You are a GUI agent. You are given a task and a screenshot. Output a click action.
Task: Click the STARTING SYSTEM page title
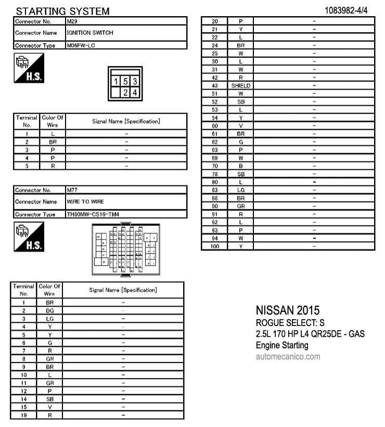point(62,11)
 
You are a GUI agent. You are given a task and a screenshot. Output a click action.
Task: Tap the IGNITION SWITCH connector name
point(90,33)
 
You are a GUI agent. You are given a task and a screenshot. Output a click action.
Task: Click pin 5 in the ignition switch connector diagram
point(126,81)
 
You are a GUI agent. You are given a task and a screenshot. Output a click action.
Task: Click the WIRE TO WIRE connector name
point(85,202)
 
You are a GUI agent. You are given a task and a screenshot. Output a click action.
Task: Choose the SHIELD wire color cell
point(241,85)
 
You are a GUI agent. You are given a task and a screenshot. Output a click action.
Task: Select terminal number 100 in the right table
point(214,246)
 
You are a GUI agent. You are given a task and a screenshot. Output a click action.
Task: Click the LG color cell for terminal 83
point(241,190)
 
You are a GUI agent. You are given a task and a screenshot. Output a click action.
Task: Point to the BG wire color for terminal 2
point(50,310)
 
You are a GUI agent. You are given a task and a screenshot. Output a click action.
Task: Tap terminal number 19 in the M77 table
point(23,415)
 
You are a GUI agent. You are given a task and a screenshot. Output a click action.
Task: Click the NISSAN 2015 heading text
point(288,311)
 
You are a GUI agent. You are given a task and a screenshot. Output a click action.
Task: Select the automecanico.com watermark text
point(288,357)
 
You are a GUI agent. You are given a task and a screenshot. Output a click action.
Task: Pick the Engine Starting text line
point(282,345)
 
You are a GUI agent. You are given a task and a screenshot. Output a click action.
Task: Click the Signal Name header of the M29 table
point(126,121)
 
